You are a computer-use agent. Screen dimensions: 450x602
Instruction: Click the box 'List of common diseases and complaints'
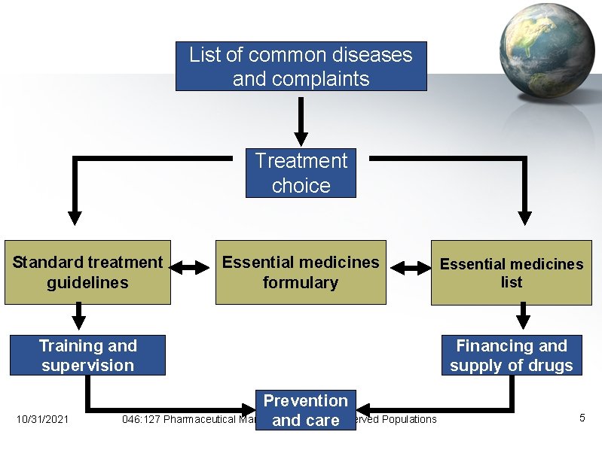pos(301,66)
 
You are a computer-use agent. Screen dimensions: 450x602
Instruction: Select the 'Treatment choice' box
pos(301,172)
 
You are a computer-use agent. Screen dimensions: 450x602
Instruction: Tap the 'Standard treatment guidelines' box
pos(87,272)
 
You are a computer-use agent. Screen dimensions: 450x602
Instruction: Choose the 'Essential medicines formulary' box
pos(301,272)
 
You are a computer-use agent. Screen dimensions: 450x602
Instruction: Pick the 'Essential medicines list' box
pos(511,272)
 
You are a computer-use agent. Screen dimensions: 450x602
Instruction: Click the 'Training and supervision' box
pos(87,355)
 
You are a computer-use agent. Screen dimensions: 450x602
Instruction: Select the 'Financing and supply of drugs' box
pos(511,355)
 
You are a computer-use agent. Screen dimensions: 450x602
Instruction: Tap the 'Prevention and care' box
pos(305,410)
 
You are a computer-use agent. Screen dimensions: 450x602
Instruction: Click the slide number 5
pos(582,418)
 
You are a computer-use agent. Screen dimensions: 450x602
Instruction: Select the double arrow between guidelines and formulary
pos(194,267)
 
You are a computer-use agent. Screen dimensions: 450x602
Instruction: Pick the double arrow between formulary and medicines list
pos(408,267)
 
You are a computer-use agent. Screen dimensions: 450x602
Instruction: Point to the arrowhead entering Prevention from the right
pos(364,410)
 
